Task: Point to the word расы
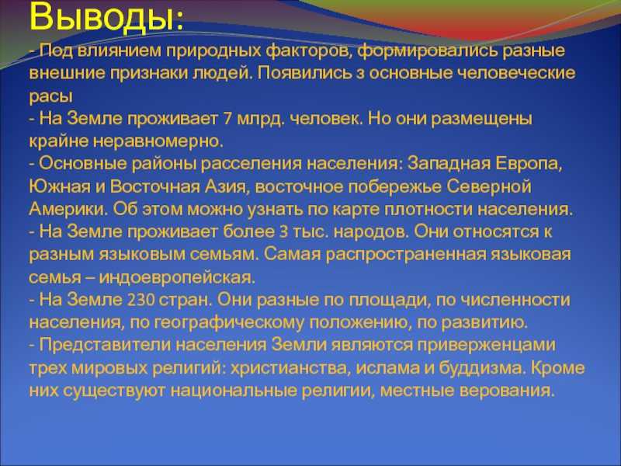tap(50, 96)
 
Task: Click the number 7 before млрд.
tap(227, 120)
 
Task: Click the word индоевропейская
tap(178, 277)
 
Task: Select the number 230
tap(141, 300)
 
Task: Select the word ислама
tap(387, 368)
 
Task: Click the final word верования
tap(506, 391)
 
